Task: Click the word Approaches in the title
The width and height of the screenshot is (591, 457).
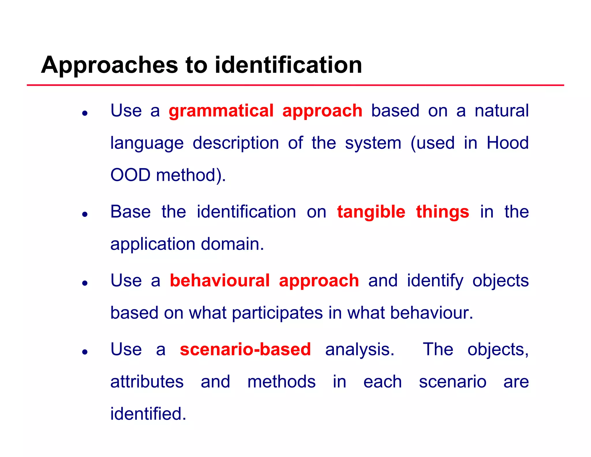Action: point(109,65)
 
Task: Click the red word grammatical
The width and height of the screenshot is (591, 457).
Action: point(221,111)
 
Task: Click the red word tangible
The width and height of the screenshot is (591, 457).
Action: point(371,212)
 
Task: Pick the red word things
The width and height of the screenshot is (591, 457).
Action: point(442,212)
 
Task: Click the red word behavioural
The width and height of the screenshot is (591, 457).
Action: point(220,280)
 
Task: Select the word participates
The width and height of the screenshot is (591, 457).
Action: point(277,313)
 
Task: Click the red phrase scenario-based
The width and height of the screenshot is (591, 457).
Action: point(245,349)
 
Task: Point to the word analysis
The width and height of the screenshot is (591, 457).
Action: point(360,349)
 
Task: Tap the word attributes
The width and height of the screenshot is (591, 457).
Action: point(147,382)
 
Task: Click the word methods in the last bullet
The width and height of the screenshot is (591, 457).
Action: point(281,382)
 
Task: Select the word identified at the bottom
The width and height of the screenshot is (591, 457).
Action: point(148,414)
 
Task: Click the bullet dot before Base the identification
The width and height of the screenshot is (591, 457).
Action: point(85,214)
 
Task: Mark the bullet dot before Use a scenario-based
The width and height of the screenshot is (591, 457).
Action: point(85,352)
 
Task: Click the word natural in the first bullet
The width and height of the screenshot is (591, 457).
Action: point(502,111)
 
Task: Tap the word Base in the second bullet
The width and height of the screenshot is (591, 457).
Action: point(130,212)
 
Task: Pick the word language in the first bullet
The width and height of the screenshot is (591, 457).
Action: point(147,143)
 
